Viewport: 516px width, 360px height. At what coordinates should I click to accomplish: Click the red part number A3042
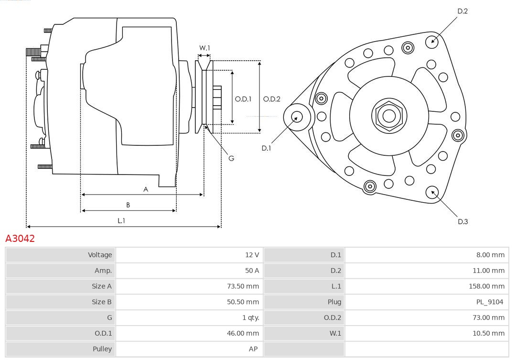coord(20,239)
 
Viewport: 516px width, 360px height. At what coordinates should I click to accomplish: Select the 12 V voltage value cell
coord(252,255)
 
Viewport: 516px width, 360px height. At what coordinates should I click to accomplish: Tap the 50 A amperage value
coord(252,271)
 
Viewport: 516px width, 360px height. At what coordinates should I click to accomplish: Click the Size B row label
coord(101,302)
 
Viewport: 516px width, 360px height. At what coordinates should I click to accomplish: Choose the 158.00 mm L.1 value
coord(486,286)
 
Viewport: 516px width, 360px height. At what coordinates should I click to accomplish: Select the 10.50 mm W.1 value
coord(488,333)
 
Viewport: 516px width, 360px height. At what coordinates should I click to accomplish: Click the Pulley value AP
coord(253,349)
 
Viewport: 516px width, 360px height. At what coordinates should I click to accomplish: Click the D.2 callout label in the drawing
coord(462,11)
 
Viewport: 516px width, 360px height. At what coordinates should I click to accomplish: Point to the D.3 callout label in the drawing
coord(462,221)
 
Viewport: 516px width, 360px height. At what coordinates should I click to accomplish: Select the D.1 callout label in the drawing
coord(266,148)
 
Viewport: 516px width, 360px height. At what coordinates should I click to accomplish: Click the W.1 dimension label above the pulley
coord(204,48)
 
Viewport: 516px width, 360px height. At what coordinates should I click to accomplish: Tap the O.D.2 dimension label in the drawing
coord(271,99)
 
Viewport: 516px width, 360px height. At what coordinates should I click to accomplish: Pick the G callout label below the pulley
coord(231,158)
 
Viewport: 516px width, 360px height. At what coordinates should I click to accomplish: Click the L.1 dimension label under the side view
coord(121,221)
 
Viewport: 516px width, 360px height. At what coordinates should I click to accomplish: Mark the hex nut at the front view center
coord(389,116)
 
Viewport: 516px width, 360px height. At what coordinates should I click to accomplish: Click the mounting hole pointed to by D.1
coord(297,117)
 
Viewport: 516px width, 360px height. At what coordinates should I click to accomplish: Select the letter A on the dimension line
coord(146,190)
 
